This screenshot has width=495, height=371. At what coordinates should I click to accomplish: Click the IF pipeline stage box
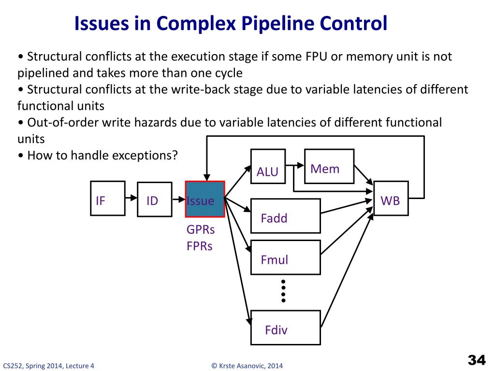click(108, 199)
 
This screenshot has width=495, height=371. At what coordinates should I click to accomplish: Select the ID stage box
click(155, 200)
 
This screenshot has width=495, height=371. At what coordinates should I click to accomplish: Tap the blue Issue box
click(205, 199)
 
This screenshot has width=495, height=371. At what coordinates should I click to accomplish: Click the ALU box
click(268, 166)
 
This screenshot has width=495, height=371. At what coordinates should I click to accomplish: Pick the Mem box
click(329, 166)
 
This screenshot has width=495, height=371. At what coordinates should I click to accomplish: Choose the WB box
click(391, 199)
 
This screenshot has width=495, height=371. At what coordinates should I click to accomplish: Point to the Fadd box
click(286, 216)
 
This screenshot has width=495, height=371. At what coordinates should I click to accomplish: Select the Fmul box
click(286, 257)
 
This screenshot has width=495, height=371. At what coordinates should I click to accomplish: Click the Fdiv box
click(286, 328)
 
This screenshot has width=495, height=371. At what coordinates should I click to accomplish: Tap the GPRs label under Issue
click(201, 229)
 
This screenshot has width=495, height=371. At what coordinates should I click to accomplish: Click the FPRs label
click(200, 246)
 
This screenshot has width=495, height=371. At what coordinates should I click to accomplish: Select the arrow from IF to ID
click(131, 198)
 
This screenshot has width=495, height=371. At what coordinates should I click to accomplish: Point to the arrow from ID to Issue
click(179, 200)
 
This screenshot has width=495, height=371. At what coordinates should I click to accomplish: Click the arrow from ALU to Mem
click(295, 165)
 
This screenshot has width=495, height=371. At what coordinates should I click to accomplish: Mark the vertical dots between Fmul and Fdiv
click(283, 291)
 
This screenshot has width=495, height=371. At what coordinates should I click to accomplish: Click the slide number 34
click(477, 360)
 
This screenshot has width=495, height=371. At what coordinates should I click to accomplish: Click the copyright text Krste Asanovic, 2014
click(247, 366)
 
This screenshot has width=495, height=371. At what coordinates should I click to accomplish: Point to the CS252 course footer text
click(49, 366)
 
